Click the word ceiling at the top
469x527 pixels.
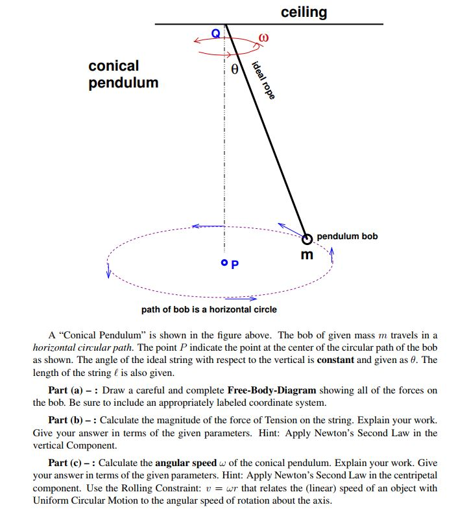click(304, 12)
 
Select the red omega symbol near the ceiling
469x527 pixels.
click(263, 38)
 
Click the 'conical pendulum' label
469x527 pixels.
click(123, 74)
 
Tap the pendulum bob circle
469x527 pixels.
click(307, 238)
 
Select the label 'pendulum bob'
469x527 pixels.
click(347, 236)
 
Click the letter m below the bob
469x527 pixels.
click(307, 255)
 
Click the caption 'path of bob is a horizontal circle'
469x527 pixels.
click(209, 309)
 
